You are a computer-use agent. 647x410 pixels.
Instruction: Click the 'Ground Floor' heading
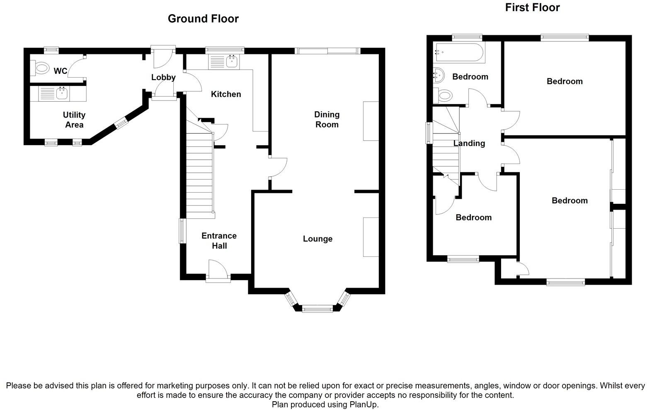pos(203,19)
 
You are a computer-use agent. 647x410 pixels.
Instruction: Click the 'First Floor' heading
pos(532,7)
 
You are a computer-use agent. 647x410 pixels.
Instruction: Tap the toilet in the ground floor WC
pos(39,68)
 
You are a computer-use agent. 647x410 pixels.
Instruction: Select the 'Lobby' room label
pos(163,77)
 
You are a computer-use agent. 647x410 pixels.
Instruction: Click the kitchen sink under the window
pos(224,62)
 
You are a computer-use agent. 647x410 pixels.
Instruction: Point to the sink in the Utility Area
pos(54,94)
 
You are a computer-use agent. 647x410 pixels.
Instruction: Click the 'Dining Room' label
pos(327,120)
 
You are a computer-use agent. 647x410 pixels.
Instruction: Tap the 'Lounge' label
pos(318,239)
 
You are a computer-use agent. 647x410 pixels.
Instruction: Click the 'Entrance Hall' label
pos(219,241)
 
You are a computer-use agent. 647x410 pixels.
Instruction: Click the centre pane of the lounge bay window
pos(317,309)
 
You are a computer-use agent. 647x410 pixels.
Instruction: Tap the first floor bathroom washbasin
pos(438,76)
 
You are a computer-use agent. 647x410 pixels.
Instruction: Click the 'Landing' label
pos(469,144)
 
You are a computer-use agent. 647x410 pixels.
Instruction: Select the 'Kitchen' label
pos(226,94)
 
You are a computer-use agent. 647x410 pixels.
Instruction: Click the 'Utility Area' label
pos(74,120)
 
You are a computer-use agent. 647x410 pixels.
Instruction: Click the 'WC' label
pos(61,71)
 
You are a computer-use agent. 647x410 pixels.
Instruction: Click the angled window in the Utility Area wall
pos(121,123)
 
